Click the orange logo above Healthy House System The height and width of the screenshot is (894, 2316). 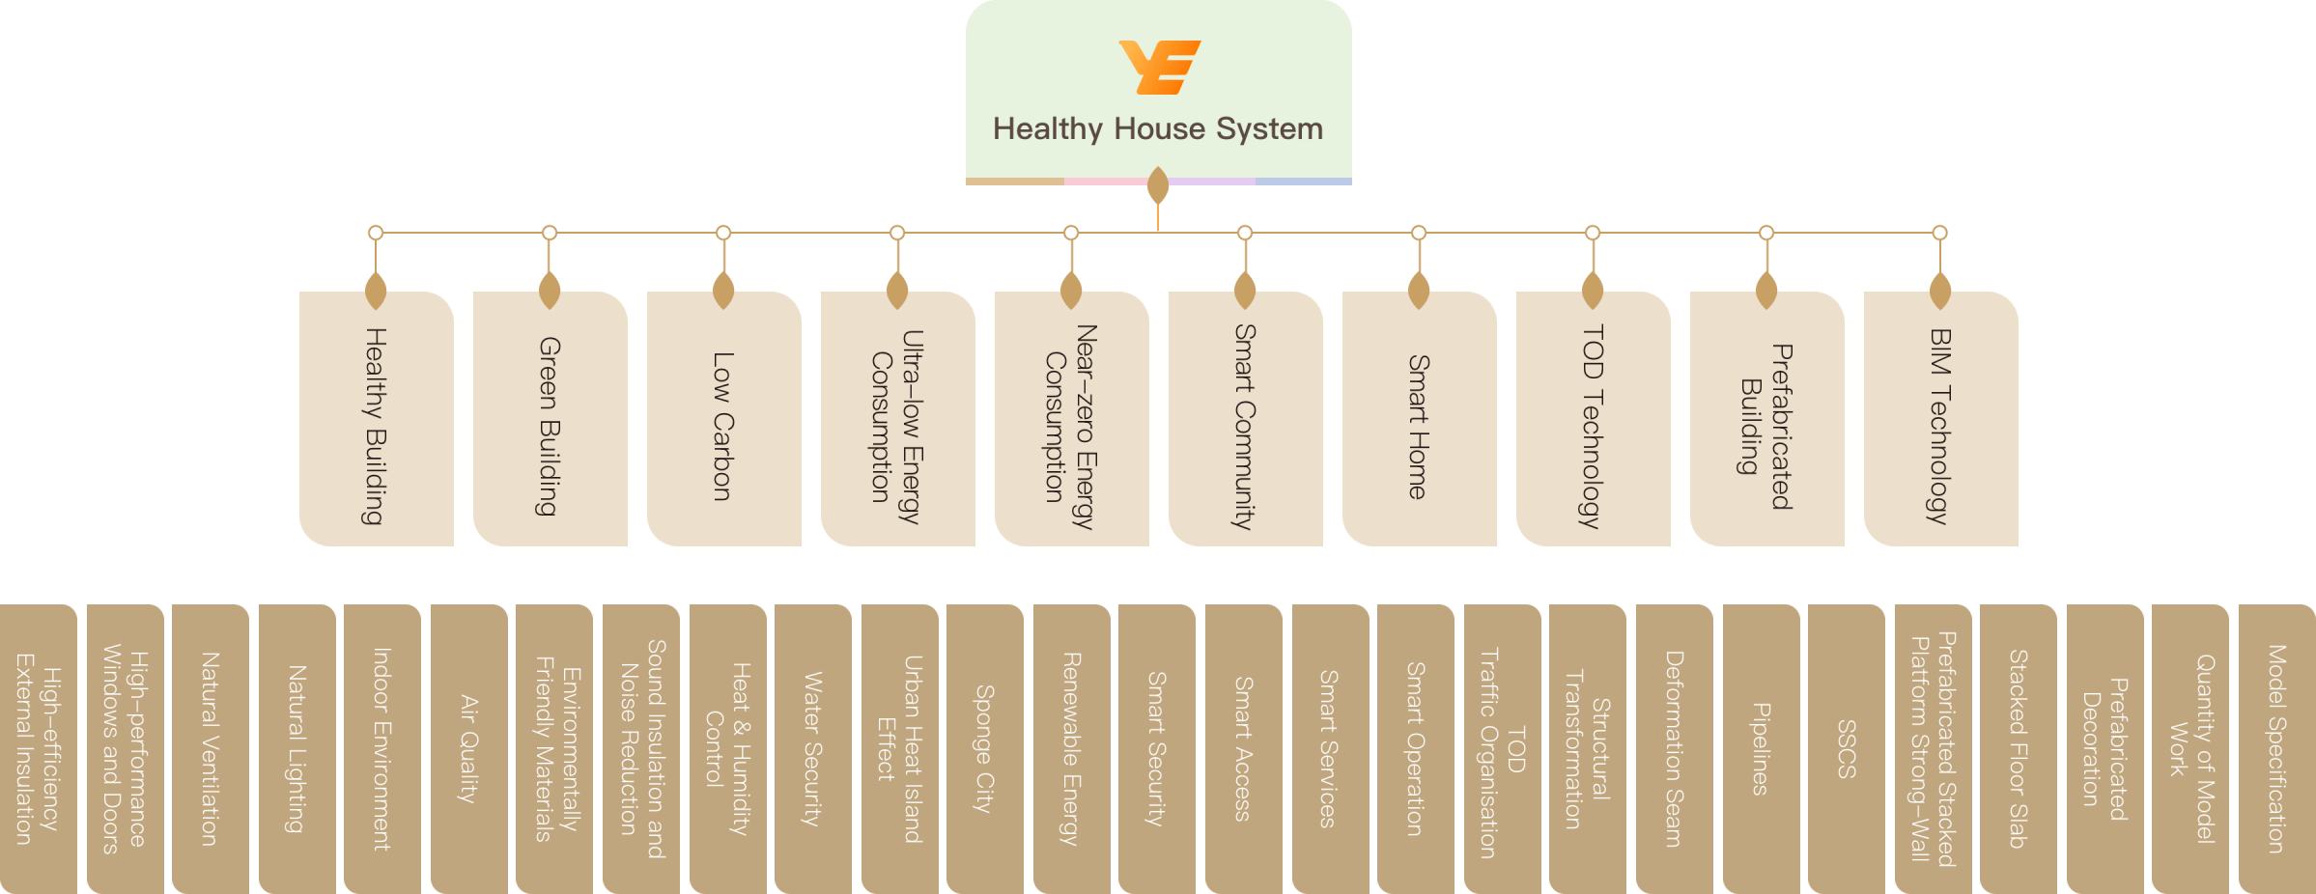pyautogui.click(x=1159, y=67)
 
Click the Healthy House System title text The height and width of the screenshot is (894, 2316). pyautogui.click(x=1158, y=128)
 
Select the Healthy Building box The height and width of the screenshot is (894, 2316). pyautogui.click(x=376, y=425)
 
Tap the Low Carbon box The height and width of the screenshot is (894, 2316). pyautogui.click(x=723, y=425)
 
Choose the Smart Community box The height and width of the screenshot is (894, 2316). pyautogui.click(x=1245, y=425)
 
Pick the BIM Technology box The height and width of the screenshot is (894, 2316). pyautogui.click(x=1940, y=425)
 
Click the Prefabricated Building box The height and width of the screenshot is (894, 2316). pyautogui.click(x=1766, y=425)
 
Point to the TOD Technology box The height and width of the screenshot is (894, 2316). pyautogui.click(x=1593, y=425)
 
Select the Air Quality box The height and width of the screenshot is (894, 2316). pyautogui.click(x=468, y=748)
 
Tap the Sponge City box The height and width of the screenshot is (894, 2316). pyautogui.click(x=984, y=748)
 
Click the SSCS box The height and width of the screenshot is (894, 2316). pyautogui.click(x=1846, y=748)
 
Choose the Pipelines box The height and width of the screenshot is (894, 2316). pyautogui.click(x=1761, y=748)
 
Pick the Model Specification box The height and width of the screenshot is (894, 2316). pyautogui.click(x=2276, y=748)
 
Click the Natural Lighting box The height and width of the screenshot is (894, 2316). pyautogui.click(x=297, y=748)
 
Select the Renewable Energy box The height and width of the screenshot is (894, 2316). pyautogui.click(x=1071, y=748)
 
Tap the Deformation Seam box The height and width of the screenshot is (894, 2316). pyautogui.click(x=1674, y=748)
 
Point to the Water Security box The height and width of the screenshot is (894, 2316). pyautogui.click(x=812, y=748)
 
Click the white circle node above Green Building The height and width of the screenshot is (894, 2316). pyautogui.click(x=550, y=233)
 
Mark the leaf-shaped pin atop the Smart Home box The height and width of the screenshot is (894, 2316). pyautogui.click(x=1419, y=291)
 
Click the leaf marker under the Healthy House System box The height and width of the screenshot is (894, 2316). pyautogui.click(x=1158, y=185)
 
